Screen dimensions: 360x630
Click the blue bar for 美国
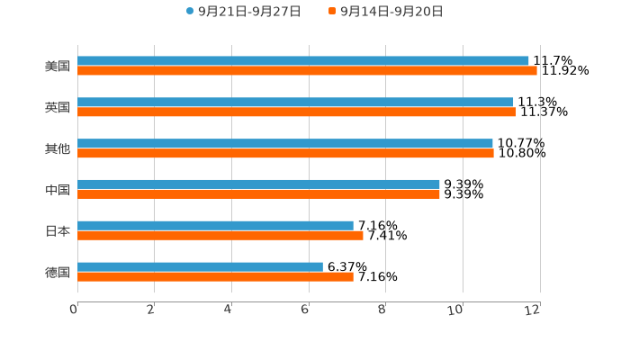[303, 61]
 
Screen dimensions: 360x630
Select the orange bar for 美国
[307, 71]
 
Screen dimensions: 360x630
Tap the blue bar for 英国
[295, 103]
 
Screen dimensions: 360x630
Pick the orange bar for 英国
[297, 112]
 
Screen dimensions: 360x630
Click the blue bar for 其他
[285, 144]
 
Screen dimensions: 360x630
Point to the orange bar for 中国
[258, 194]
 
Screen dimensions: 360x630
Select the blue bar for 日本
[215, 226]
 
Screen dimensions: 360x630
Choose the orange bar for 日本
[220, 236]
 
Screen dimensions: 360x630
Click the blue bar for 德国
[200, 267]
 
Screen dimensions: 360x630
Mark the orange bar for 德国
[215, 277]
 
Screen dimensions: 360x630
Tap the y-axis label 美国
[58, 66]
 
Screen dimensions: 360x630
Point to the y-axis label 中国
[58, 190]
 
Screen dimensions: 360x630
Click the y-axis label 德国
[58, 272]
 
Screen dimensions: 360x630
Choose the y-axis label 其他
[58, 148]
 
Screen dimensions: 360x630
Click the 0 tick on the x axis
[75, 310]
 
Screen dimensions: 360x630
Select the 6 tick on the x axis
[306, 310]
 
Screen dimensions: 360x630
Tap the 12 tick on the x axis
[534, 310]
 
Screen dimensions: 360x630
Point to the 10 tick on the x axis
[456, 310]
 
